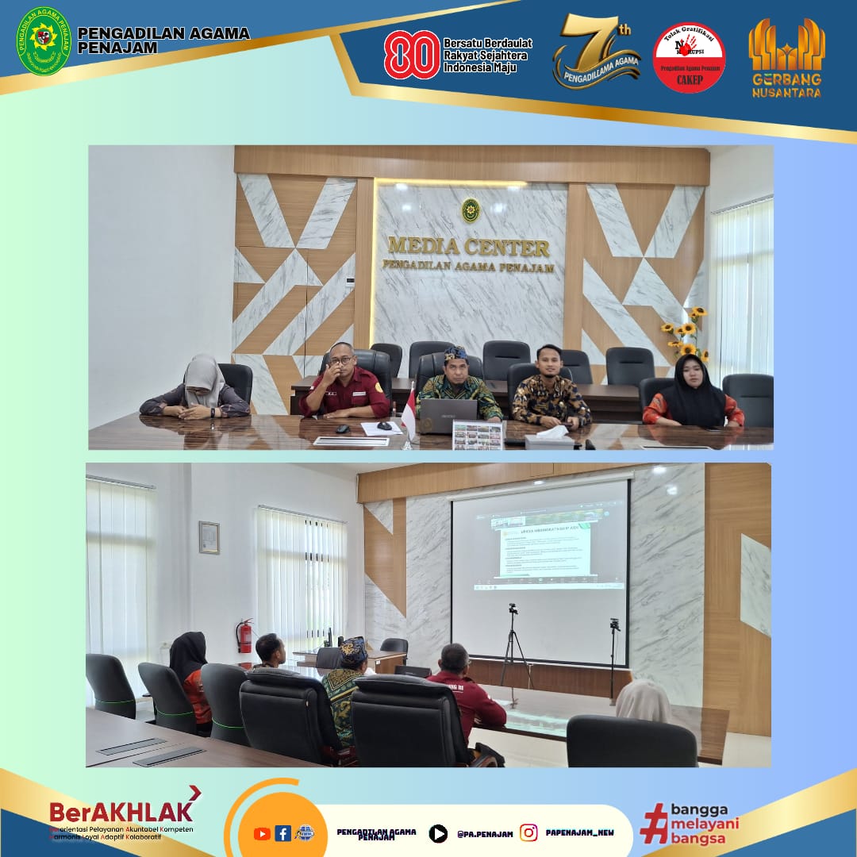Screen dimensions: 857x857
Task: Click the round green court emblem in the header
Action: click(44, 41)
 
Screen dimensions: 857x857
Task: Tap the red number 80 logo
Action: click(412, 55)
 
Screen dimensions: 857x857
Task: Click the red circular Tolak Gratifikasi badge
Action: click(688, 57)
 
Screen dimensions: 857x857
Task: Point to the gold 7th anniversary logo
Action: click(597, 52)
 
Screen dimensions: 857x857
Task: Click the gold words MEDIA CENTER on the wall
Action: click(468, 247)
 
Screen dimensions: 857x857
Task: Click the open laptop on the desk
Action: click(448, 413)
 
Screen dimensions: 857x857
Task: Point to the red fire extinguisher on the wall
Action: click(245, 636)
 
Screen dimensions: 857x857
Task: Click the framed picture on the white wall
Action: click(209, 537)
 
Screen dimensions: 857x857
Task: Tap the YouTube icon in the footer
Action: click(262, 833)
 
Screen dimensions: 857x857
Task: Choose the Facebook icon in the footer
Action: click(282, 833)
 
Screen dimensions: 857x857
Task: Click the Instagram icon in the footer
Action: click(528, 832)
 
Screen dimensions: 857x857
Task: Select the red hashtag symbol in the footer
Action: click(654, 823)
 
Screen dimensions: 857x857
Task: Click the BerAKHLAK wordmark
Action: click(121, 811)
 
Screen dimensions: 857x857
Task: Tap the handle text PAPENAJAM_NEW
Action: click(578, 832)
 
